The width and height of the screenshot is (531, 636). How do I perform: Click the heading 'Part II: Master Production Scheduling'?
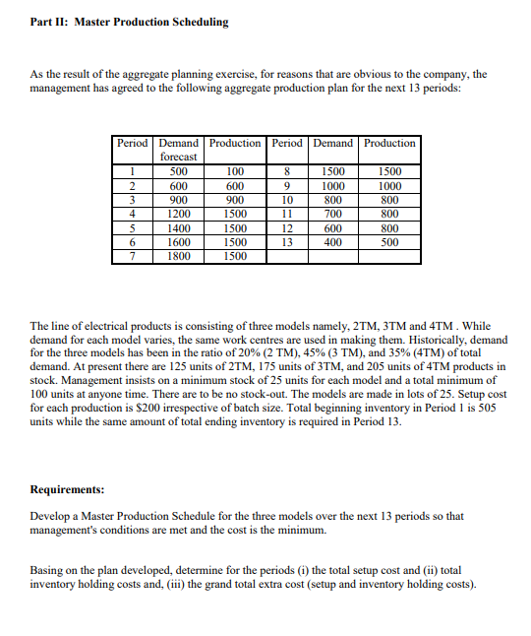pyautogui.click(x=130, y=22)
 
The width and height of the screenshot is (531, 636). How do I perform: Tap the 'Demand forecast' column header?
pyautogui.click(x=178, y=150)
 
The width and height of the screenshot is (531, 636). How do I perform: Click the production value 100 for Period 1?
pyautogui.click(x=235, y=170)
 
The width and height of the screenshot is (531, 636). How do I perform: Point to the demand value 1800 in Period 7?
pyautogui.click(x=178, y=256)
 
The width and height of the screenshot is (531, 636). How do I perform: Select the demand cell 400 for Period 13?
pyautogui.click(x=333, y=241)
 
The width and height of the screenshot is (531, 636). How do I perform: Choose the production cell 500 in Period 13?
pyautogui.click(x=389, y=241)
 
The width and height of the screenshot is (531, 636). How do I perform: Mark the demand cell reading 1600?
pyautogui.click(x=178, y=241)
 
